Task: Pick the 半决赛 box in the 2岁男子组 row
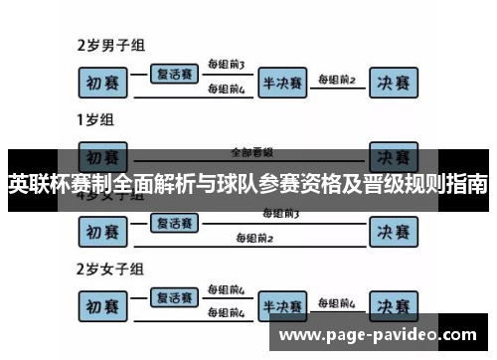(x=282, y=82)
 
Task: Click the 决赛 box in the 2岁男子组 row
(x=392, y=82)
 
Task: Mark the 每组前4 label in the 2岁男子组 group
(x=225, y=90)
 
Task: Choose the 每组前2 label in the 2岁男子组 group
(x=336, y=78)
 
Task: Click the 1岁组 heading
(x=95, y=121)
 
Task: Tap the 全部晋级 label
(x=250, y=153)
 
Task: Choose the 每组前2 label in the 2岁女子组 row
(x=336, y=301)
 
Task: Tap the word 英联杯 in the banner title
(x=36, y=185)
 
